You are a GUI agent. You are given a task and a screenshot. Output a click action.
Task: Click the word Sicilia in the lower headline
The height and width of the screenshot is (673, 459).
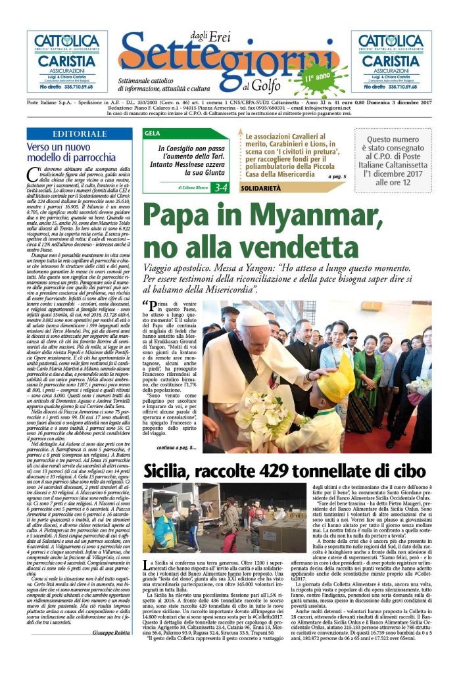tap(168, 471)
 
